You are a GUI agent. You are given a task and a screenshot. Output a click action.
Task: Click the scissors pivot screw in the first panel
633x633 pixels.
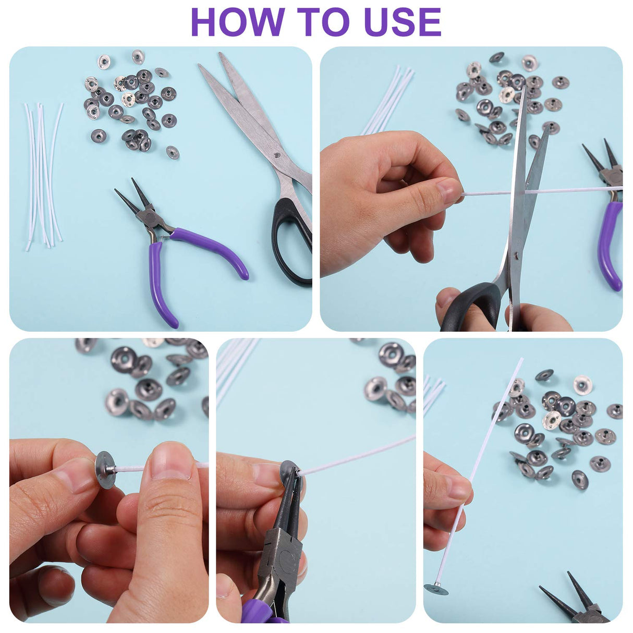click(277, 154)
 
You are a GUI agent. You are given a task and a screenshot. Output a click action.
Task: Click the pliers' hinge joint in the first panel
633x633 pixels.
click(147, 217)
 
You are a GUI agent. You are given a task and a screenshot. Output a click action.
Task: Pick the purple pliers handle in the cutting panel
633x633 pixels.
click(611, 246)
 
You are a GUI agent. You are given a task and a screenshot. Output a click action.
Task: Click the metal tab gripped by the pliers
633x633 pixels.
click(289, 470)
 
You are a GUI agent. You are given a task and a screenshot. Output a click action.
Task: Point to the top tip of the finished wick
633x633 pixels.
click(522, 359)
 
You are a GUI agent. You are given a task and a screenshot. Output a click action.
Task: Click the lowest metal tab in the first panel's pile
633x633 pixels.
click(173, 152)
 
